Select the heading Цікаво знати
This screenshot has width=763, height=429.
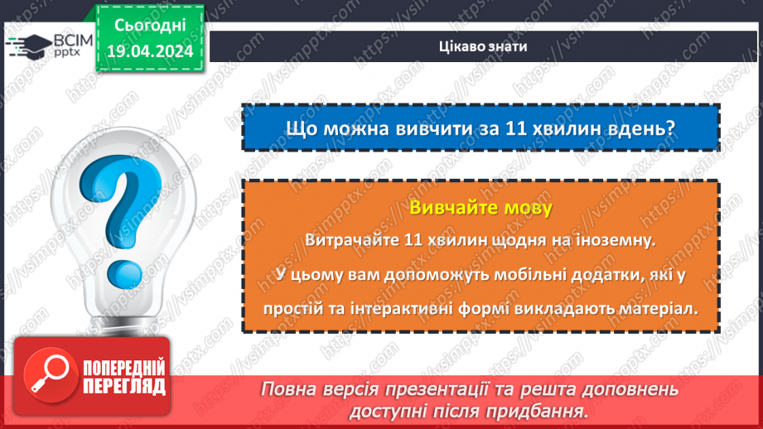[x=481, y=46]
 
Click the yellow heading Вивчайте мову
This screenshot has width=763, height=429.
[x=480, y=208]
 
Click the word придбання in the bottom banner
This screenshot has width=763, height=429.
[x=539, y=411]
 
